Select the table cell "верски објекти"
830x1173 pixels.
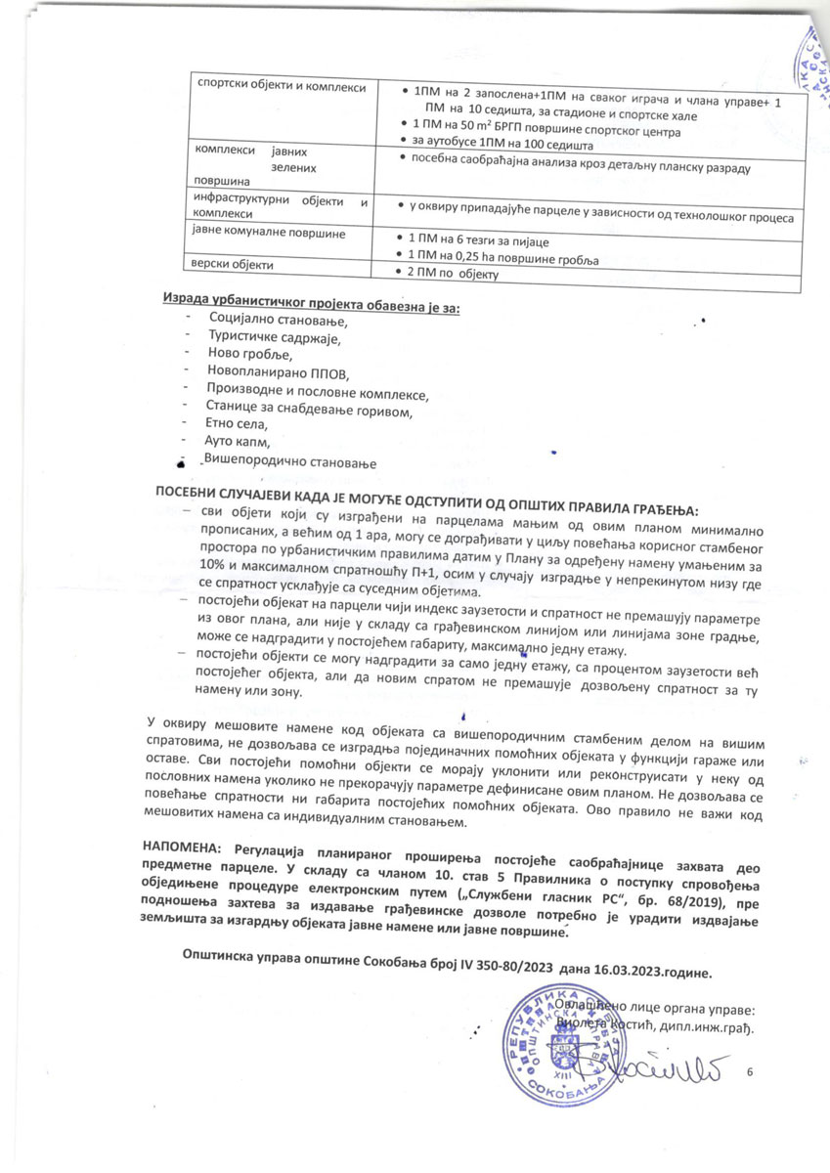(x=234, y=265)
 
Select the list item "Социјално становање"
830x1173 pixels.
(x=279, y=320)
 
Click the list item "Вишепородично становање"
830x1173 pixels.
(x=289, y=460)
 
